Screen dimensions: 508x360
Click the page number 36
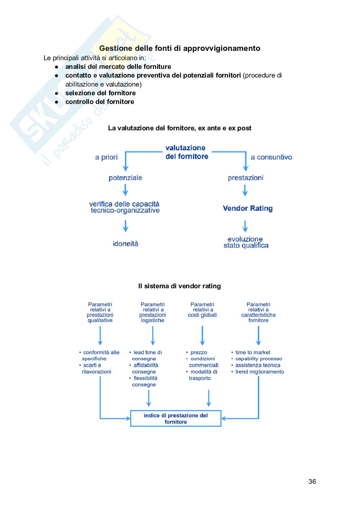[312, 481]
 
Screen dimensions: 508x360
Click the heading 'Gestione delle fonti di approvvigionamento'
[180, 48]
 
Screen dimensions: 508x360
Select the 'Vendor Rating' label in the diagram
[248, 208]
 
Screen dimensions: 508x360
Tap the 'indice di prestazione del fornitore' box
[175, 419]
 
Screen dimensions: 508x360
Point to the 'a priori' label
[106, 157]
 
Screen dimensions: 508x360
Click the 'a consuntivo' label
[271, 157]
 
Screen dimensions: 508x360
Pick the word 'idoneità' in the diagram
[125, 244]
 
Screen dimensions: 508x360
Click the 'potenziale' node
[125, 178]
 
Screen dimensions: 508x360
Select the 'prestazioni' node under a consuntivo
[245, 178]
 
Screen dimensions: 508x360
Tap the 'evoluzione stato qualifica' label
[246, 242]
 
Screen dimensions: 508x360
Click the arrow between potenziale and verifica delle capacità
[125, 190]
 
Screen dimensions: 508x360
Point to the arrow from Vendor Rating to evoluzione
[245, 226]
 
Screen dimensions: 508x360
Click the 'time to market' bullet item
[252, 353]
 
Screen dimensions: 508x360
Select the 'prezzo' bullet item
[199, 353]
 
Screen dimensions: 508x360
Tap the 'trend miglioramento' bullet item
[259, 372]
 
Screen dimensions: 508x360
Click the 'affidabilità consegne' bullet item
[146, 368]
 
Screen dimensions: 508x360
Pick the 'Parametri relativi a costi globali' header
[202, 310]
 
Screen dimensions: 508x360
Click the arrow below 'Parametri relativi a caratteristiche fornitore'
[258, 336]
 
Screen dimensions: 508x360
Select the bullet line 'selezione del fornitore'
[100, 93]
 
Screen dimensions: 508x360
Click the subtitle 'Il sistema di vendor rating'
[179, 286]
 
